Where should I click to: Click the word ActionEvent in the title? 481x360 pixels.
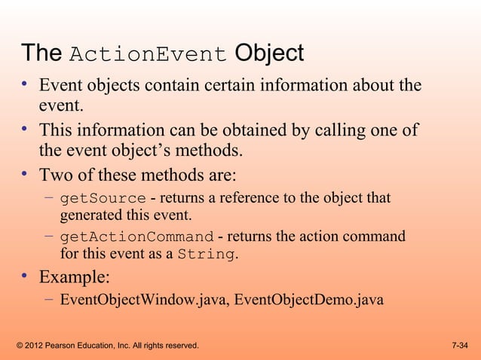tap(148, 55)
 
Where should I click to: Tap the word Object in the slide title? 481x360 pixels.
tap(269, 53)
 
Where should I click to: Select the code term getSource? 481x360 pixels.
tap(103, 199)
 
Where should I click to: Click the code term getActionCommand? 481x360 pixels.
tap(136, 237)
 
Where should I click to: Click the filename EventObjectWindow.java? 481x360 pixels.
tap(143, 300)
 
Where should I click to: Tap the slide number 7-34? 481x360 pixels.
tap(459, 346)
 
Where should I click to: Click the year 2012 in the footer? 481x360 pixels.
tap(35, 346)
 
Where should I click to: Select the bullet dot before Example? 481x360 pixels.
tap(25, 276)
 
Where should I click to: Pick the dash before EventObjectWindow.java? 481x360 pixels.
tap(48, 300)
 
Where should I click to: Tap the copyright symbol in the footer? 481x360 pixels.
tap(19, 346)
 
